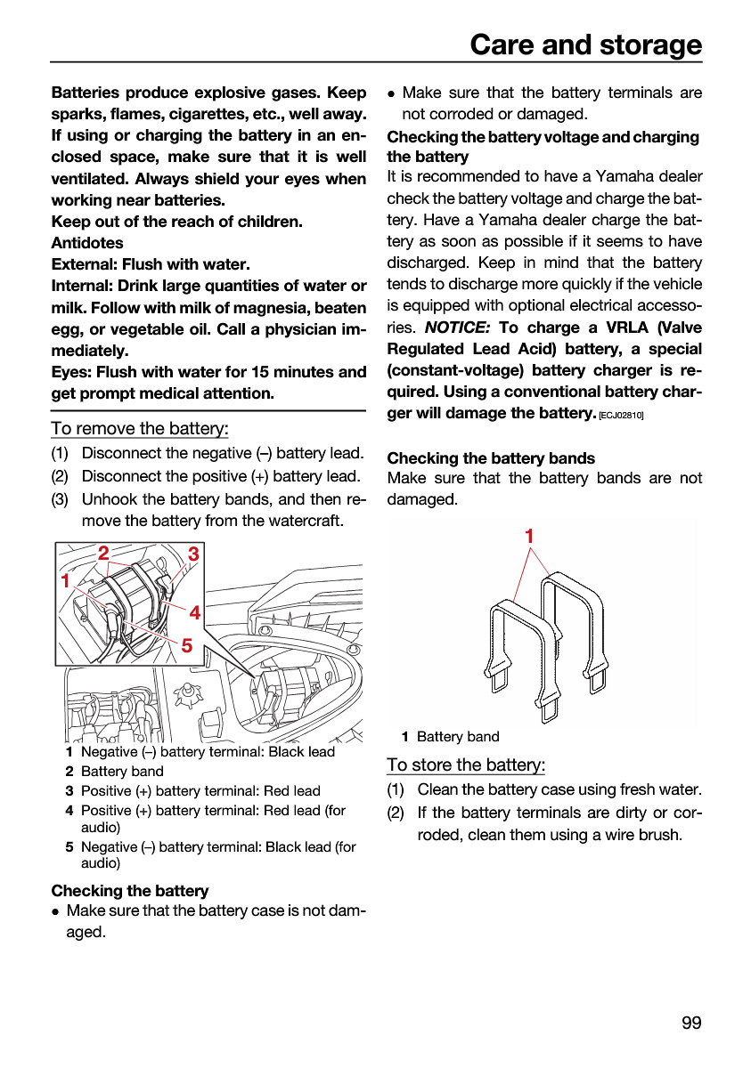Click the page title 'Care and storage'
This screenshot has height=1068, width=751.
coord(585,44)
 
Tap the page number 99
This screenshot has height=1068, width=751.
coord(691,1023)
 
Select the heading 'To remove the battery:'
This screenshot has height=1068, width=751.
coord(140,428)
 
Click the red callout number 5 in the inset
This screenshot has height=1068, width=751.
coord(186,645)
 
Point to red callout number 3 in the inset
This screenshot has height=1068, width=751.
coord(193,554)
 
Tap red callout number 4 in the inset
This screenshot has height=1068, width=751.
coord(195,612)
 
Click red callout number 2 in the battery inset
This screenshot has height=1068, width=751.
coord(103,553)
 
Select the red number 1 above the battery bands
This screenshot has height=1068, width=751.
coord(529,537)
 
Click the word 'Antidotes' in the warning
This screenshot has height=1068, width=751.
coord(87,243)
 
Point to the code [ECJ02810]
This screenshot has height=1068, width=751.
coord(621,416)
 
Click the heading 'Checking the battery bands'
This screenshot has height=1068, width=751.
coord(491,458)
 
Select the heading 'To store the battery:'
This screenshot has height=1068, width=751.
coord(466,765)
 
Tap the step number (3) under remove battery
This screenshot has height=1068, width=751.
coord(60,499)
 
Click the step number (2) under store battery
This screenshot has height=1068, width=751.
coord(396,813)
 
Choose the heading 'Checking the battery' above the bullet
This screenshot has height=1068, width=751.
coord(130,891)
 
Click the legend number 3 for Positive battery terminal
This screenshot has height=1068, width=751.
coord(69,790)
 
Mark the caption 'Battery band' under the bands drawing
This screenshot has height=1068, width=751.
coord(458,737)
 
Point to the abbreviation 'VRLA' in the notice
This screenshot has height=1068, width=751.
coord(627,328)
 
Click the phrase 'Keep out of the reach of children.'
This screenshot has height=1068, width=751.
coord(177,222)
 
